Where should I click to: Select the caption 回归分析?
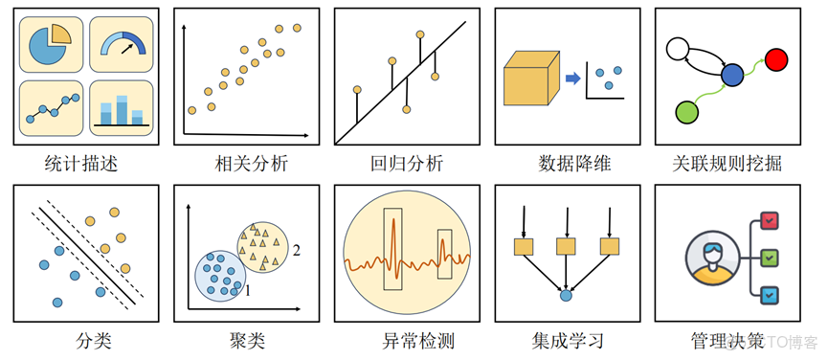click(x=406, y=163)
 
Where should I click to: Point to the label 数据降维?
click(x=568, y=163)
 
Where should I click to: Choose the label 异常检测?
click(x=406, y=340)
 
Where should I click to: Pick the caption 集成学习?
click(x=568, y=340)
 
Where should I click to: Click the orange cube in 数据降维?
click(x=529, y=78)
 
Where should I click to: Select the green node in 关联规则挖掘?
click(x=686, y=112)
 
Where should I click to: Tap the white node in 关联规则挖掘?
click(x=680, y=48)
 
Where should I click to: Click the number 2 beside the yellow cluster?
click(x=298, y=252)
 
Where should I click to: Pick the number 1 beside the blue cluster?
click(x=247, y=288)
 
